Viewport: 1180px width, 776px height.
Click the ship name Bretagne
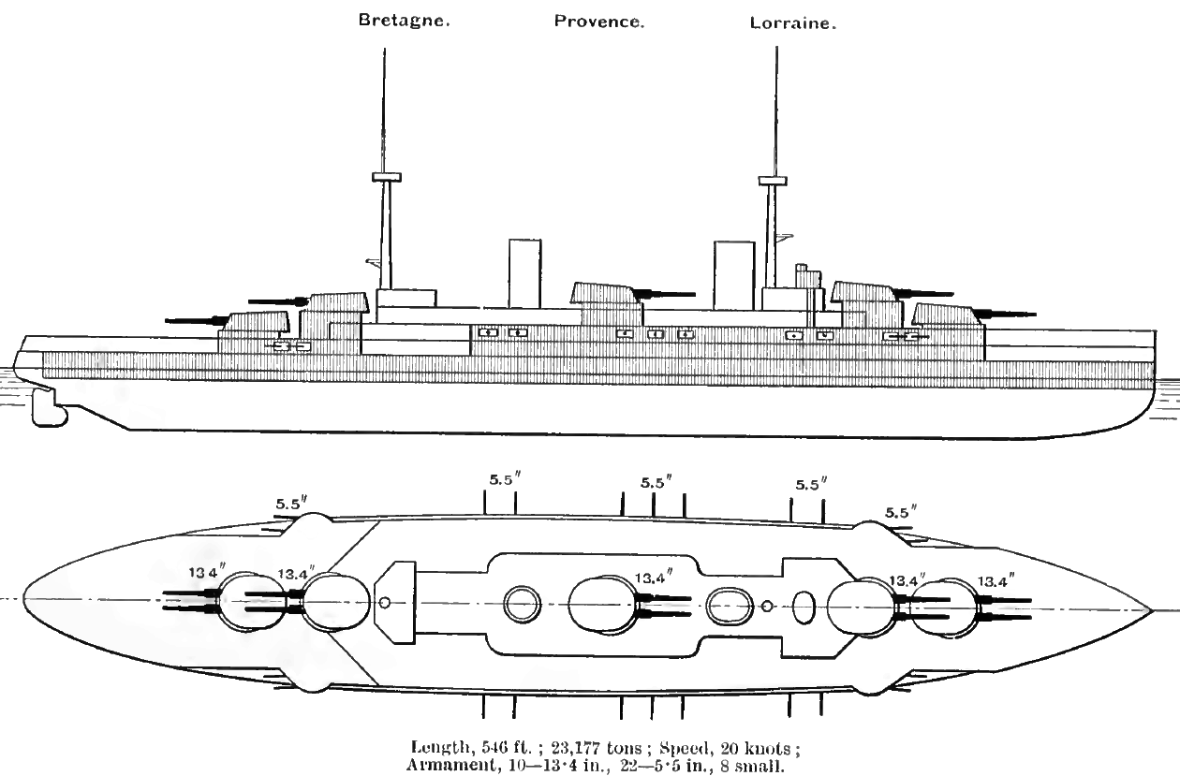[404, 21]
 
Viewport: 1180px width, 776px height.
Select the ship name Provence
[599, 22]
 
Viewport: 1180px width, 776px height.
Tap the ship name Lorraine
[793, 23]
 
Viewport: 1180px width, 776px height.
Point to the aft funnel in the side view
[524, 273]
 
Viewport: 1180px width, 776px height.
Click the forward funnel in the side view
[734, 275]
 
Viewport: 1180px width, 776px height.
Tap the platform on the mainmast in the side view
[387, 177]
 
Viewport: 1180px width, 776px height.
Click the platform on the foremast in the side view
[773, 181]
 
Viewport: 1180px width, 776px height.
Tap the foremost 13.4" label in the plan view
[996, 580]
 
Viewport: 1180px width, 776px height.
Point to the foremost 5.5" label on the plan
[901, 512]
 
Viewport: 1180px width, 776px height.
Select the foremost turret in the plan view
[946, 608]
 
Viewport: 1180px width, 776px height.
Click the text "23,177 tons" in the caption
[597, 748]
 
